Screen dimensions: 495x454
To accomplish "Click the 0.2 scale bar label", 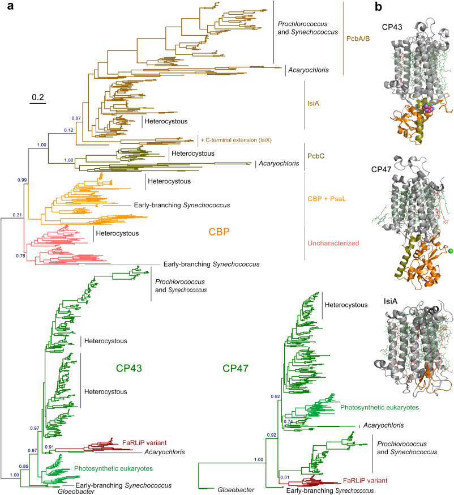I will pos(38,97).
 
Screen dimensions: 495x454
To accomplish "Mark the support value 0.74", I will pos(289,422).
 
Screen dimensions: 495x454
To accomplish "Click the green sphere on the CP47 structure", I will pos(451,250).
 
